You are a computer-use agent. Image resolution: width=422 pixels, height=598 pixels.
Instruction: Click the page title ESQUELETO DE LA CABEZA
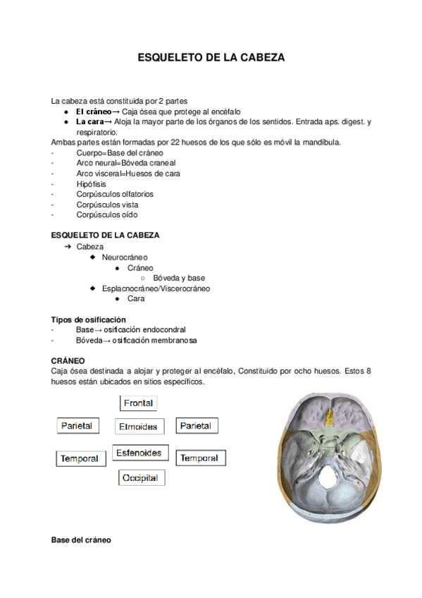211,58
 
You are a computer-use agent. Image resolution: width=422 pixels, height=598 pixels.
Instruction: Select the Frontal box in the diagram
138,403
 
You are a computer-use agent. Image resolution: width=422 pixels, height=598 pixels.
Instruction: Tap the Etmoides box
138,427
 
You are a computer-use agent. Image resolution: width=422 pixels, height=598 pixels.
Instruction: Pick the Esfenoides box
138,453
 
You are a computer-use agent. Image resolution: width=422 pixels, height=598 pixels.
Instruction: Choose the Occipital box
142,478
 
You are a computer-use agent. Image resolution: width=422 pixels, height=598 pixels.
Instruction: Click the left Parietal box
78,426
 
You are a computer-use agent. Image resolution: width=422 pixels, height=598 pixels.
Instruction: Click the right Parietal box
196,426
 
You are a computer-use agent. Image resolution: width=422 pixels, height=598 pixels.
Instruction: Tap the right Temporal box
199,458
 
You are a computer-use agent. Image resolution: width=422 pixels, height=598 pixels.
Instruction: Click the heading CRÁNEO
68,360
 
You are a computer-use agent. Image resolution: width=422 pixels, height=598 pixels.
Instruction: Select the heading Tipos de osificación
88,319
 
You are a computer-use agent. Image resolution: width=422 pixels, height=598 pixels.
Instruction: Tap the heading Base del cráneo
81,540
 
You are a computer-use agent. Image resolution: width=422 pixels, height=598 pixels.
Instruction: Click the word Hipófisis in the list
91,183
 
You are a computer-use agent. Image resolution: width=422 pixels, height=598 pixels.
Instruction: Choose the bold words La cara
89,122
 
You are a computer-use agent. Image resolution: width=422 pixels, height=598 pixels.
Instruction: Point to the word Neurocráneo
125,258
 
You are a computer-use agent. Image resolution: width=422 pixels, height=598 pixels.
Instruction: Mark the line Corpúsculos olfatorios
114,194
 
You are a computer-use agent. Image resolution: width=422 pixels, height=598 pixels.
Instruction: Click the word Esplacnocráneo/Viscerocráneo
156,288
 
